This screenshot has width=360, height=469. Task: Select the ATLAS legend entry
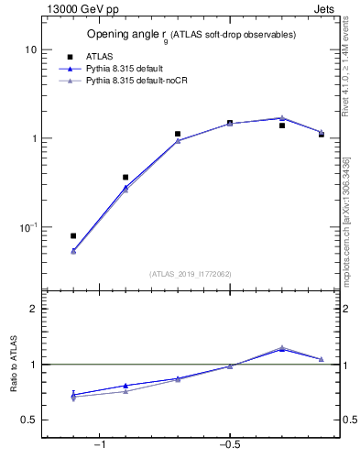(100, 57)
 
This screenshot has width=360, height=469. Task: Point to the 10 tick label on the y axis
(31, 49)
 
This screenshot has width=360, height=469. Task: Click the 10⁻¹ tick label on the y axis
(28, 226)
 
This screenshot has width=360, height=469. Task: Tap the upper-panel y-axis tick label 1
(34, 138)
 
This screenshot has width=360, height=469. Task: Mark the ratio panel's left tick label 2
(34, 309)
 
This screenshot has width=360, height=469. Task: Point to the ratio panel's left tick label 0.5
(30, 420)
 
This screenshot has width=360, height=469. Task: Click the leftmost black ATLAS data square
(73, 235)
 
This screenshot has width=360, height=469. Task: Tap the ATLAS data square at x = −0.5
(230, 123)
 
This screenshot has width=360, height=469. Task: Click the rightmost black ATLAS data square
(322, 135)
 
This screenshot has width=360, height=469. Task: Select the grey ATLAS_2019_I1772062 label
(191, 273)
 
